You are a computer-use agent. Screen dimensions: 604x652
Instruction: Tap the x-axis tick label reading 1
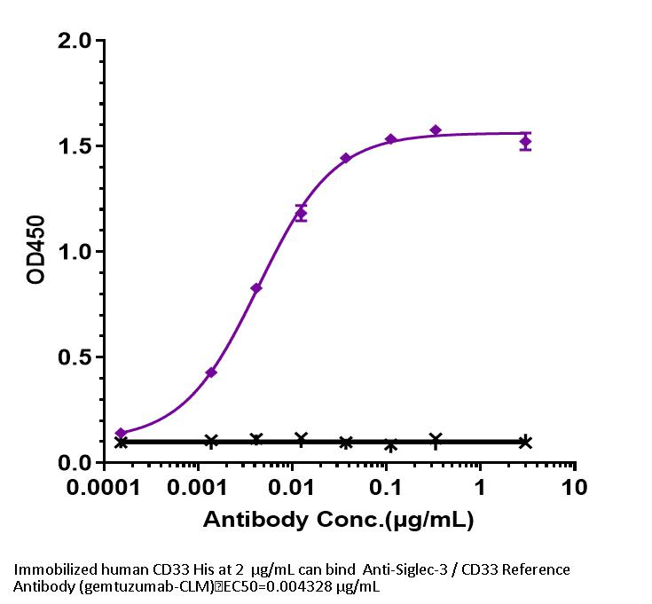[x=480, y=489]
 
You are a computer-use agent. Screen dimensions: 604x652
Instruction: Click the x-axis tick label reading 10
[x=575, y=489]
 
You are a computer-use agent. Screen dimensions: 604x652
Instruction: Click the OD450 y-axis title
[x=36, y=251]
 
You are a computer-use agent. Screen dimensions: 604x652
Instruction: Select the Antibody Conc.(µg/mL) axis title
[x=338, y=520]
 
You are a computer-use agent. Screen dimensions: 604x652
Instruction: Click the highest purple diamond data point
[x=436, y=130]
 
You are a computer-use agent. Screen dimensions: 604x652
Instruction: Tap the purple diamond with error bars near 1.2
[x=301, y=214]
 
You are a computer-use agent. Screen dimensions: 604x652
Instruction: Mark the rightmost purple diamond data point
[x=526, y=142]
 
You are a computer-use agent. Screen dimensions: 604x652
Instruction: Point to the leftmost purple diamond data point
[x=121, y=433]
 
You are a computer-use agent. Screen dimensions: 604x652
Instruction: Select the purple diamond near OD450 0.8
[x=256, y=287]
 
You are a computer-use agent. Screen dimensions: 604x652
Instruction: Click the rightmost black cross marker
[x=526, y=442]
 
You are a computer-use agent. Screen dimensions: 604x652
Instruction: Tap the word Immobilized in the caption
[x=51, y=569]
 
